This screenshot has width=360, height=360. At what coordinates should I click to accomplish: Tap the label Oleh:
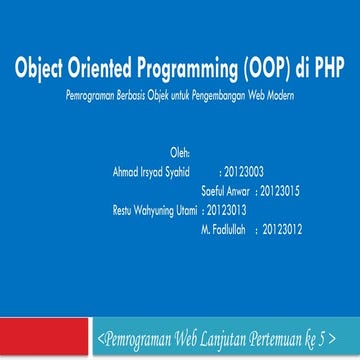point(180,153)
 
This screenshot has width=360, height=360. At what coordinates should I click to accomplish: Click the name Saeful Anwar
point(225,190)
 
